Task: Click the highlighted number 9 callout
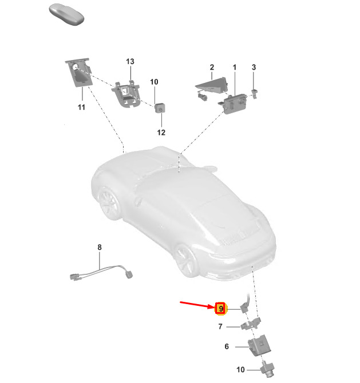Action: (220, 309)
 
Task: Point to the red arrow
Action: (197, 305)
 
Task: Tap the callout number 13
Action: (130, 62)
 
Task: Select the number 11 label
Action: (81, 107)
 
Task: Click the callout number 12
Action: (161, 133)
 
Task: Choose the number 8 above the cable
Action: (100, 247)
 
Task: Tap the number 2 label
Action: (212, 67)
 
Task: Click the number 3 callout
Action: (254, 67)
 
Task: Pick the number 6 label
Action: (227, 346)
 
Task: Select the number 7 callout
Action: (220, 326)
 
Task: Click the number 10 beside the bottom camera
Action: (240, 369)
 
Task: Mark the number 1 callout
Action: (235, 67)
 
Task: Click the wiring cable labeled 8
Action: (101, 272)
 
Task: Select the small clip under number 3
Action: (255, 94)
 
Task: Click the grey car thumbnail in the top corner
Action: (66, 14)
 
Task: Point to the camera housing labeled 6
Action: (259, 345)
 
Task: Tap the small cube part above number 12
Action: (160, 108)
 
